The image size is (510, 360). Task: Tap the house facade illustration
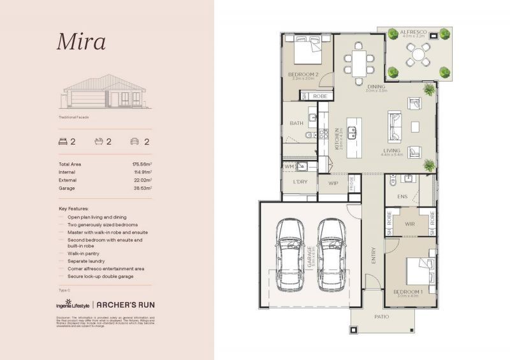coord(105,92)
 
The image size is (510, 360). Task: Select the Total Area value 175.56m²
coord(142,164)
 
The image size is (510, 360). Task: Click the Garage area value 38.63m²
coord(142,188)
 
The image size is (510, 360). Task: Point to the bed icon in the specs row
coord(63,141)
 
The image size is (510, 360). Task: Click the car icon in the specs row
coord(135,141)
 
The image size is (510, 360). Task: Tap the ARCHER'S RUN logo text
coord(126,305)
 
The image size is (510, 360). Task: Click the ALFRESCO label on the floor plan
coord(418,31)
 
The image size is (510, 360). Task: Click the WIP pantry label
coord(333,183)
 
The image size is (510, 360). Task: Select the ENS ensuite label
coord(402,196)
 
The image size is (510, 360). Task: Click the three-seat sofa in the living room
coord(395,124)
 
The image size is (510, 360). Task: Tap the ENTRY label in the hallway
coord(374,255)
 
